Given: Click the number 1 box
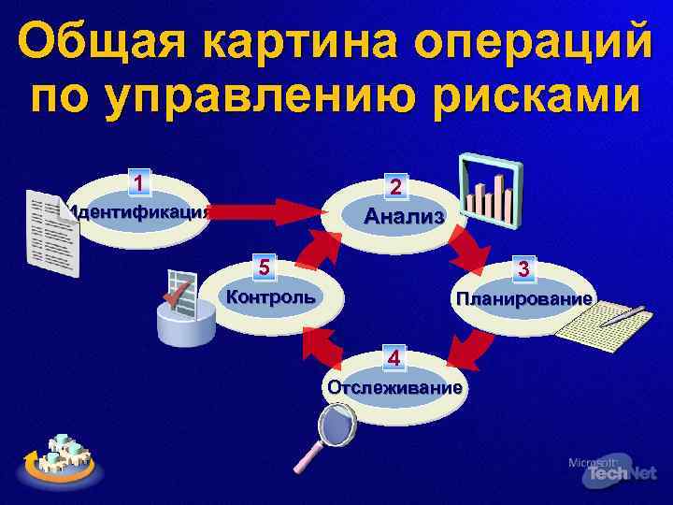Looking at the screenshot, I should coord(139,182).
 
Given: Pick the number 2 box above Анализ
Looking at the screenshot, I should coord(396,187).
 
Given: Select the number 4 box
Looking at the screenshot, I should coord(395,357).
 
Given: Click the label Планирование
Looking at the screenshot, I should coord(523,299).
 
